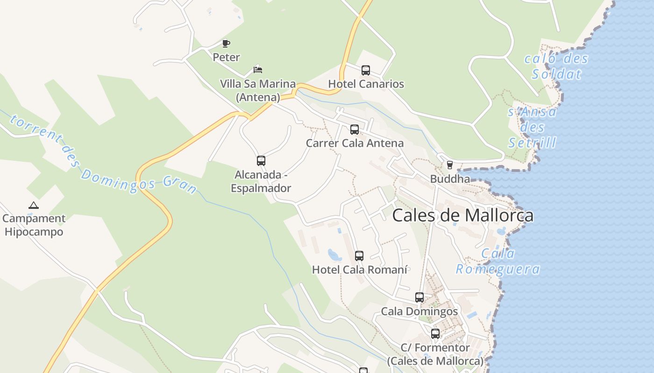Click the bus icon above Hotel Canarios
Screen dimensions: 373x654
366,70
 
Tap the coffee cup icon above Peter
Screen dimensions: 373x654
226,44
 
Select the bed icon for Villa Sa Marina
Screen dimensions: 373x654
258,70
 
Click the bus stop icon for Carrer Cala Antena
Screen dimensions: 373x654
355,130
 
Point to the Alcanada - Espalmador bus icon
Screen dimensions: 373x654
261,161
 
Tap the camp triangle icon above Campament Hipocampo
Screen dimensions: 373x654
33,205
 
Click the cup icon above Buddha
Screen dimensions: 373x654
450,165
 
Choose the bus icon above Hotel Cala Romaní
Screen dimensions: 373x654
359,256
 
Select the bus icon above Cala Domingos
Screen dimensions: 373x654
419,297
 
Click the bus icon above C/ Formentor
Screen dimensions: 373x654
435,334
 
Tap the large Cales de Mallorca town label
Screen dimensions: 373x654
462,215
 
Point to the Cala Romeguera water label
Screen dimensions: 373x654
498,262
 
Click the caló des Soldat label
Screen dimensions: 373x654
556,66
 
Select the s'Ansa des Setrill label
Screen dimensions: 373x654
533,127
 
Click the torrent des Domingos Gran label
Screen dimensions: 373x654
103,154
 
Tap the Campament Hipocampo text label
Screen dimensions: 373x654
34,225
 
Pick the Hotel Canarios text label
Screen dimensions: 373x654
366,84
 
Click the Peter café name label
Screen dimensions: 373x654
226,57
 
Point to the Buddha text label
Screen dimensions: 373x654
450,179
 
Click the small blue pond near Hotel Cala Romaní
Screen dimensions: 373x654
334,255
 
